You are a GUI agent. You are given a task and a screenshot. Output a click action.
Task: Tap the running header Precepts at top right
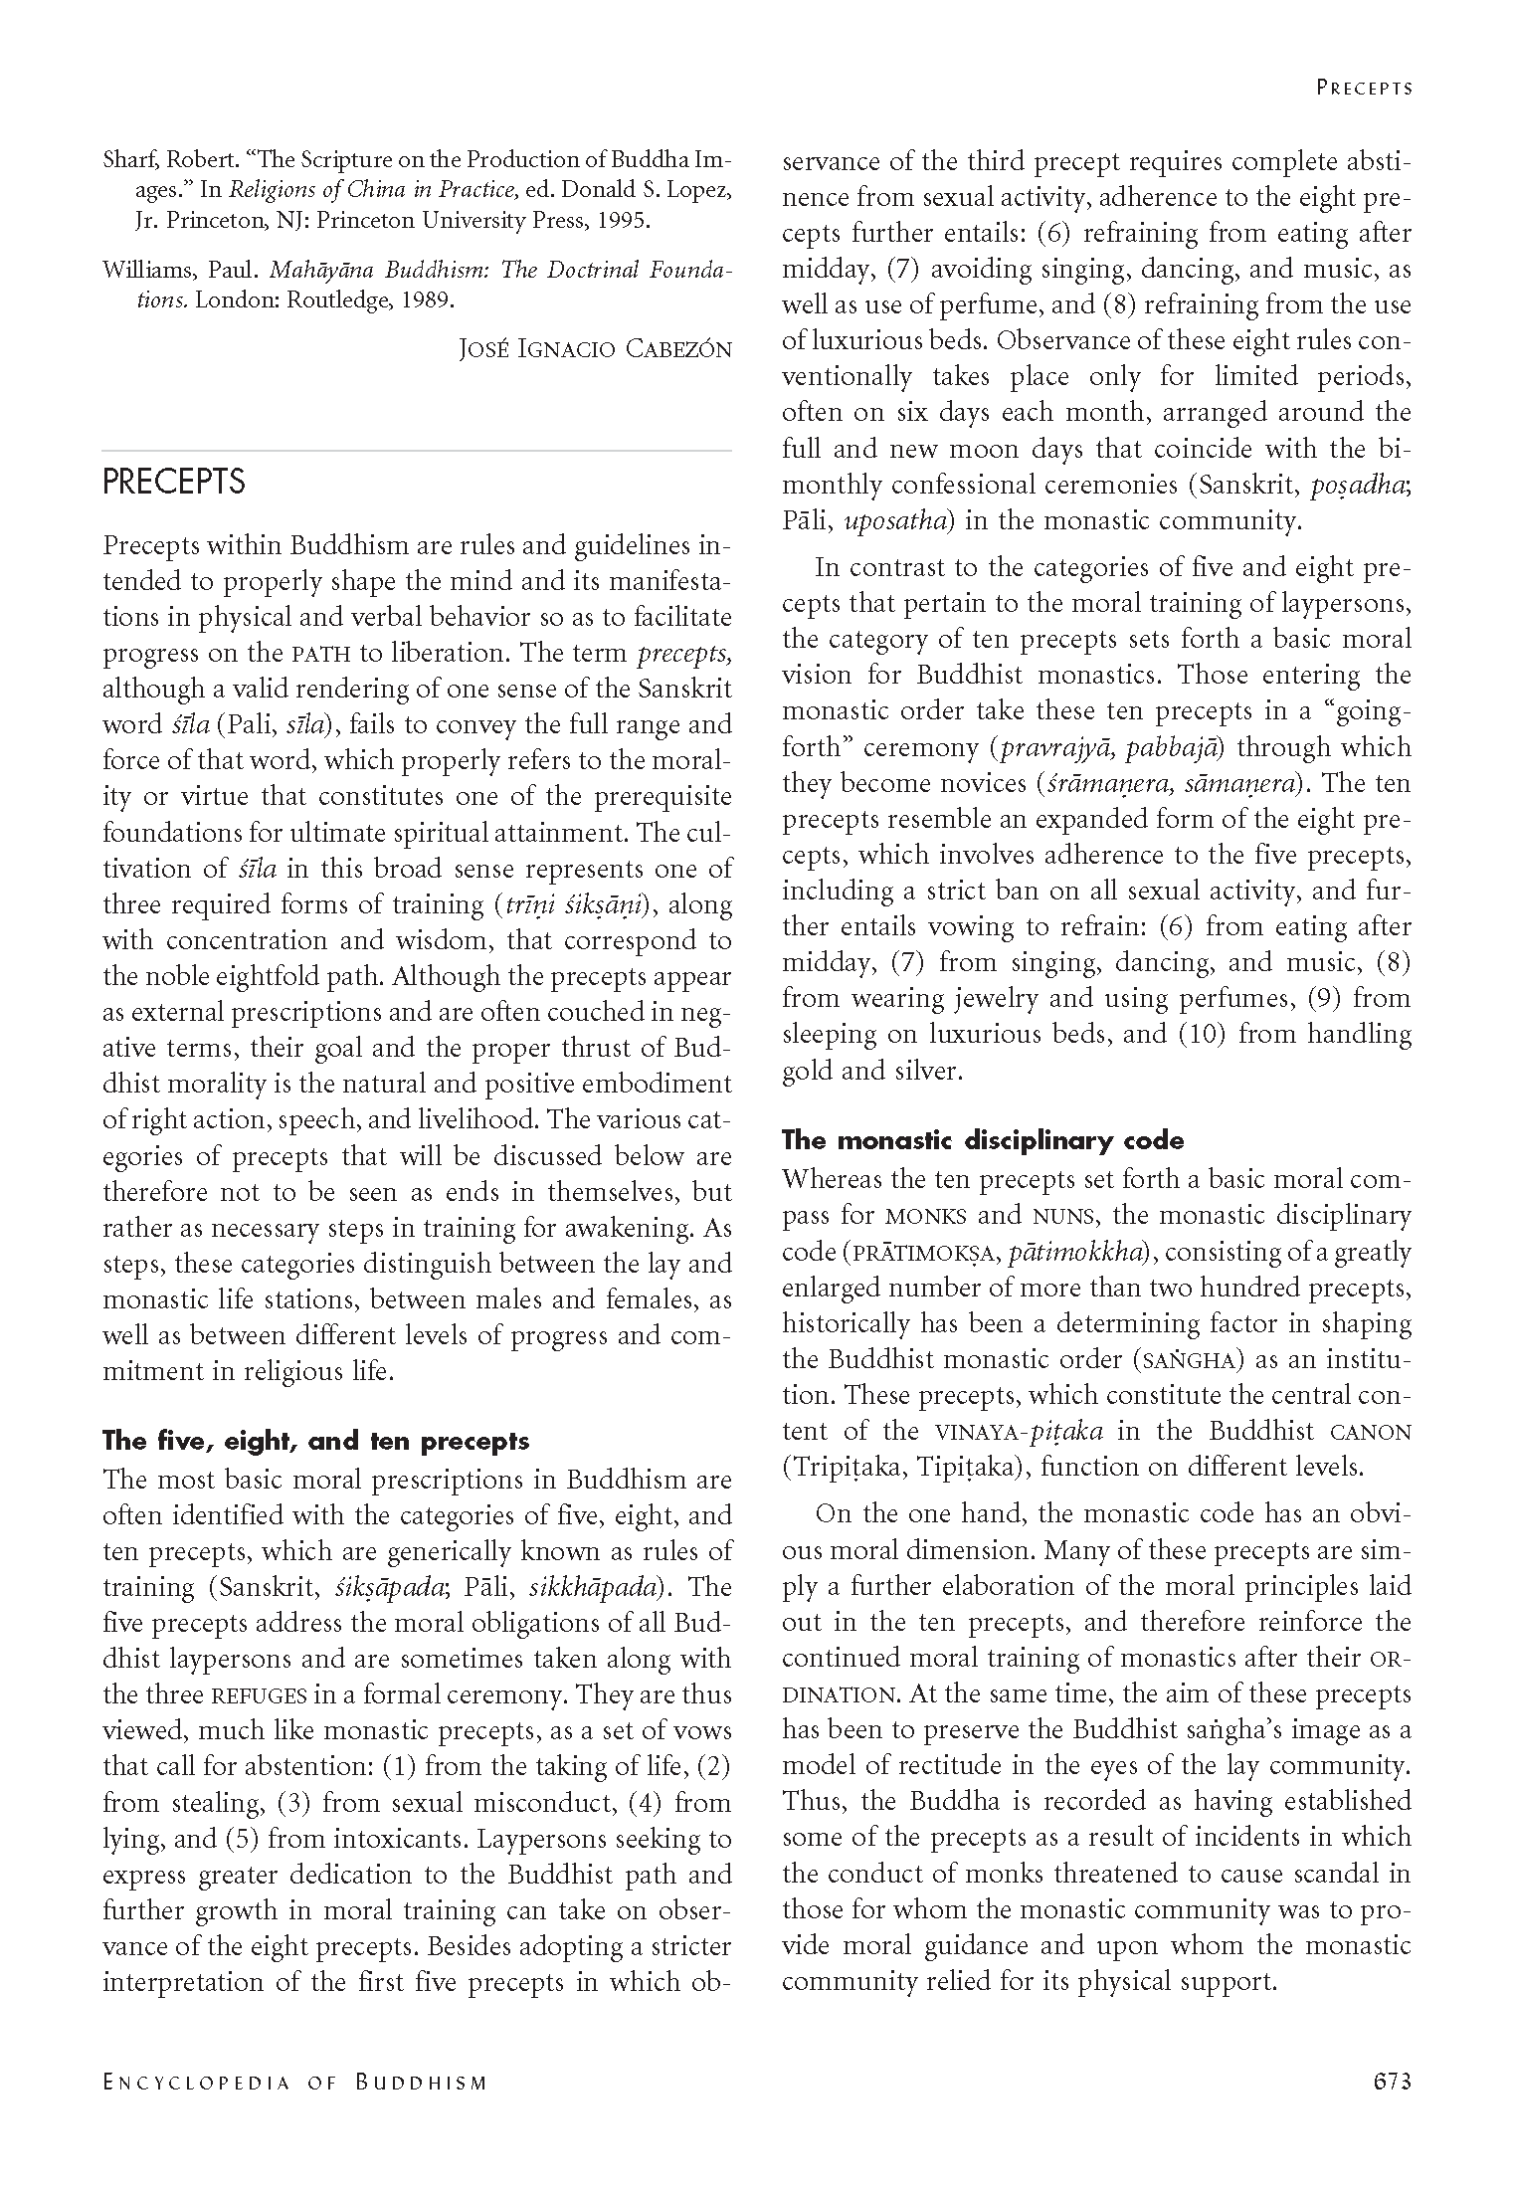pyautogui.click(x=1364, y=88)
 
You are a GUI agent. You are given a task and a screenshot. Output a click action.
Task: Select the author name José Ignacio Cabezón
pyautogui.click(x=595, y=349)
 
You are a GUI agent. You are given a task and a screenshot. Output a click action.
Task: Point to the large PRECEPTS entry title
pyautogui.click(x=174, y=482)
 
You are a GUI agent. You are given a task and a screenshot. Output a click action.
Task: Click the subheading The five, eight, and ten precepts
pyautogui.click(x=316, y=1441)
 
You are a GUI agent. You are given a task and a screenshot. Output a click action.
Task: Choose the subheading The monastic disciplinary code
pyautogui.click(x=983, y=1139)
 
